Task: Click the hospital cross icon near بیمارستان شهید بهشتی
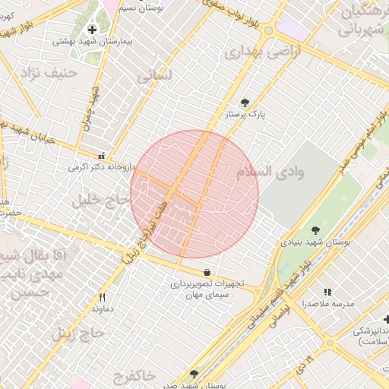click(93, 30)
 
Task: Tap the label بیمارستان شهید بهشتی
click(93, 43)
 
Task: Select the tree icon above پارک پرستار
click(245, 102)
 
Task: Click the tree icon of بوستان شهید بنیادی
click(315, 229)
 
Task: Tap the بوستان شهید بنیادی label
click(315, 242)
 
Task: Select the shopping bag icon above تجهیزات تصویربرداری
click(207, 272)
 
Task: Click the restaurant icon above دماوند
click(102, 297)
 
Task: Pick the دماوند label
click(102, 309)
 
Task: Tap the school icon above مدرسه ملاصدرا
click(328, 291)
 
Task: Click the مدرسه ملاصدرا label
click(328, 303)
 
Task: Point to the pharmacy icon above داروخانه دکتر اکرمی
click(102, 154)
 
